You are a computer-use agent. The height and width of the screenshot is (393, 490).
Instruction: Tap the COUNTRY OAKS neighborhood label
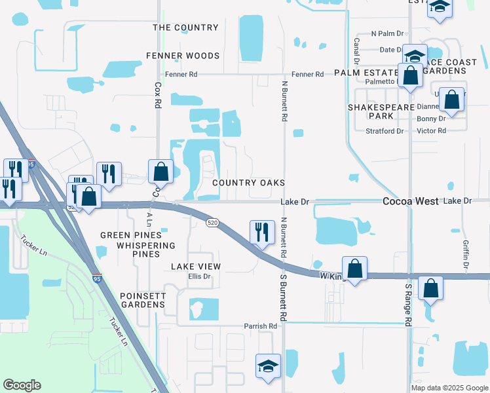248,182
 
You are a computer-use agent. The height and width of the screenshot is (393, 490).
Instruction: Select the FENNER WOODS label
182,56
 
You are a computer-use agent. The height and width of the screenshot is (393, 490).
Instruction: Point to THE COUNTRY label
185,28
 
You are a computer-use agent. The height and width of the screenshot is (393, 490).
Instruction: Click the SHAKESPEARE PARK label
381,111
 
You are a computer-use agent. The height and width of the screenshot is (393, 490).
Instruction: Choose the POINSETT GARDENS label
143,300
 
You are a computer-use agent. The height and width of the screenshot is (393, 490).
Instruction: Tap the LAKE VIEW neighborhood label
196,267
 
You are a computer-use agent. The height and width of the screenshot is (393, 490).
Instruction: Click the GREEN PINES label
130,235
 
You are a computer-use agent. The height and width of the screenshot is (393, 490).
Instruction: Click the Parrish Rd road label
261,326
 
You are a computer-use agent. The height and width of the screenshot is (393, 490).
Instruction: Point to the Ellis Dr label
199,276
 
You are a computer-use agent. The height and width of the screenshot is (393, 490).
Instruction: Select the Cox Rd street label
158,95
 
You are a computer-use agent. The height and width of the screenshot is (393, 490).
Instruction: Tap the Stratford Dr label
385,131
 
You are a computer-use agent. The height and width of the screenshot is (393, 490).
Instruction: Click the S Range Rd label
407,305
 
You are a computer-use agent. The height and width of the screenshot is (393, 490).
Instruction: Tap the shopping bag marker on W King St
354,269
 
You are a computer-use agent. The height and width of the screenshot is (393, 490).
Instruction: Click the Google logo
22,385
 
